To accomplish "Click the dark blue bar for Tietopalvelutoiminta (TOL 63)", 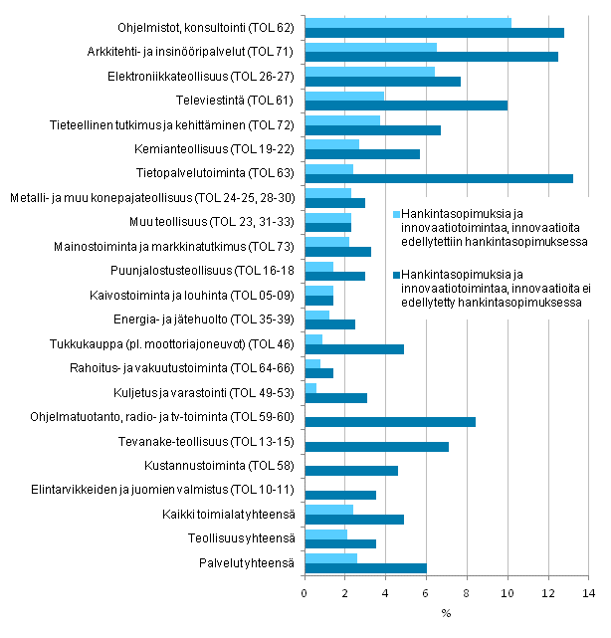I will pos(438,179).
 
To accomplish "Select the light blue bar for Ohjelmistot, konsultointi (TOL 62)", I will pos(407,22).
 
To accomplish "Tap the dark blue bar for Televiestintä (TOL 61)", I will pos(405,106).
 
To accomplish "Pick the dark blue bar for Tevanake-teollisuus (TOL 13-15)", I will pos(376,446).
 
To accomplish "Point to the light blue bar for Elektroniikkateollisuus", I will pos(369,71).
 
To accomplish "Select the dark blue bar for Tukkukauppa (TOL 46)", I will pos(353,348).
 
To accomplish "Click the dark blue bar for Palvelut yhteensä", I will pos(365,567).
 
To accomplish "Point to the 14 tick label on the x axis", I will pos(589,592).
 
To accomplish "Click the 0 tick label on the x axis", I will pos(305,592).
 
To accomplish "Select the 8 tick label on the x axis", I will pos(468,592).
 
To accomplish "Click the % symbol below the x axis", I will pos(446,613).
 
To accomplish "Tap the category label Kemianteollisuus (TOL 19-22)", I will pos(228,149).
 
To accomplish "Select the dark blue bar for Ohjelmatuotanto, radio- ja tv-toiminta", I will pos(389,422).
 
